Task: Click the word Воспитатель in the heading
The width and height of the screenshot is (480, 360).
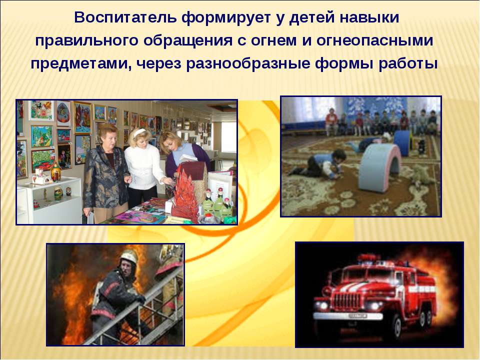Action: click(x=125, y=17)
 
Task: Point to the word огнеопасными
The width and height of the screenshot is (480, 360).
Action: click(x=374, y=40)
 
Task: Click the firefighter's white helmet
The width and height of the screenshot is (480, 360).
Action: click(x=129, y=256)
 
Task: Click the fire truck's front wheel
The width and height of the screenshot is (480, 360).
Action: click(x=397, y=326)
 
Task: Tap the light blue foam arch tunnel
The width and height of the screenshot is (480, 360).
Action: click(x=379, y=167)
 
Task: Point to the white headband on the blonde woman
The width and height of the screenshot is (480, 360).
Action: click(x=140, y=132)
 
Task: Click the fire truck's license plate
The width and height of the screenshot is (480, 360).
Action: click(x=357, y=315)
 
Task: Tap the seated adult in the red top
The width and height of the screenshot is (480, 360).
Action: click(x=331, y=121)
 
